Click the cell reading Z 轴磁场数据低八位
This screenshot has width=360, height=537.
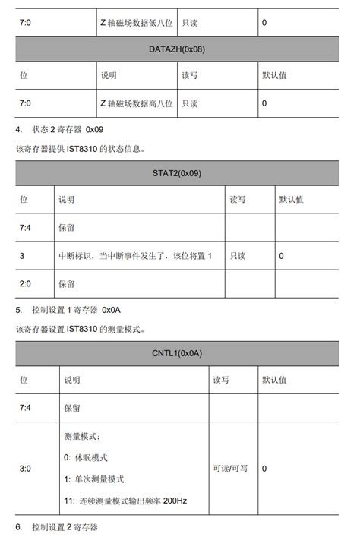(x=137, y=23)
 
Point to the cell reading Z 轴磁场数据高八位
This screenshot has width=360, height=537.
(x=137, y=103)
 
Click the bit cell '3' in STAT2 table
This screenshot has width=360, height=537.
(x=22, y=256)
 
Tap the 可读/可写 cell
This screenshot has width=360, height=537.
(x=230, y=469)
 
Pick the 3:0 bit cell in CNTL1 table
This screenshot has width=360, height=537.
(x=25, y=469)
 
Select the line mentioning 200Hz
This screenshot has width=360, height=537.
(x=126, y=501)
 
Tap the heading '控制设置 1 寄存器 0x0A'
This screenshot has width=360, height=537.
(x=71, y=310)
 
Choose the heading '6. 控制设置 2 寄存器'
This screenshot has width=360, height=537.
(x=56, y=527)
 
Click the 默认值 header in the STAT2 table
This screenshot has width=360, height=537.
(x=291, y=200)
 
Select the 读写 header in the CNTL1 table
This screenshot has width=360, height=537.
(x=221, y=380)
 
